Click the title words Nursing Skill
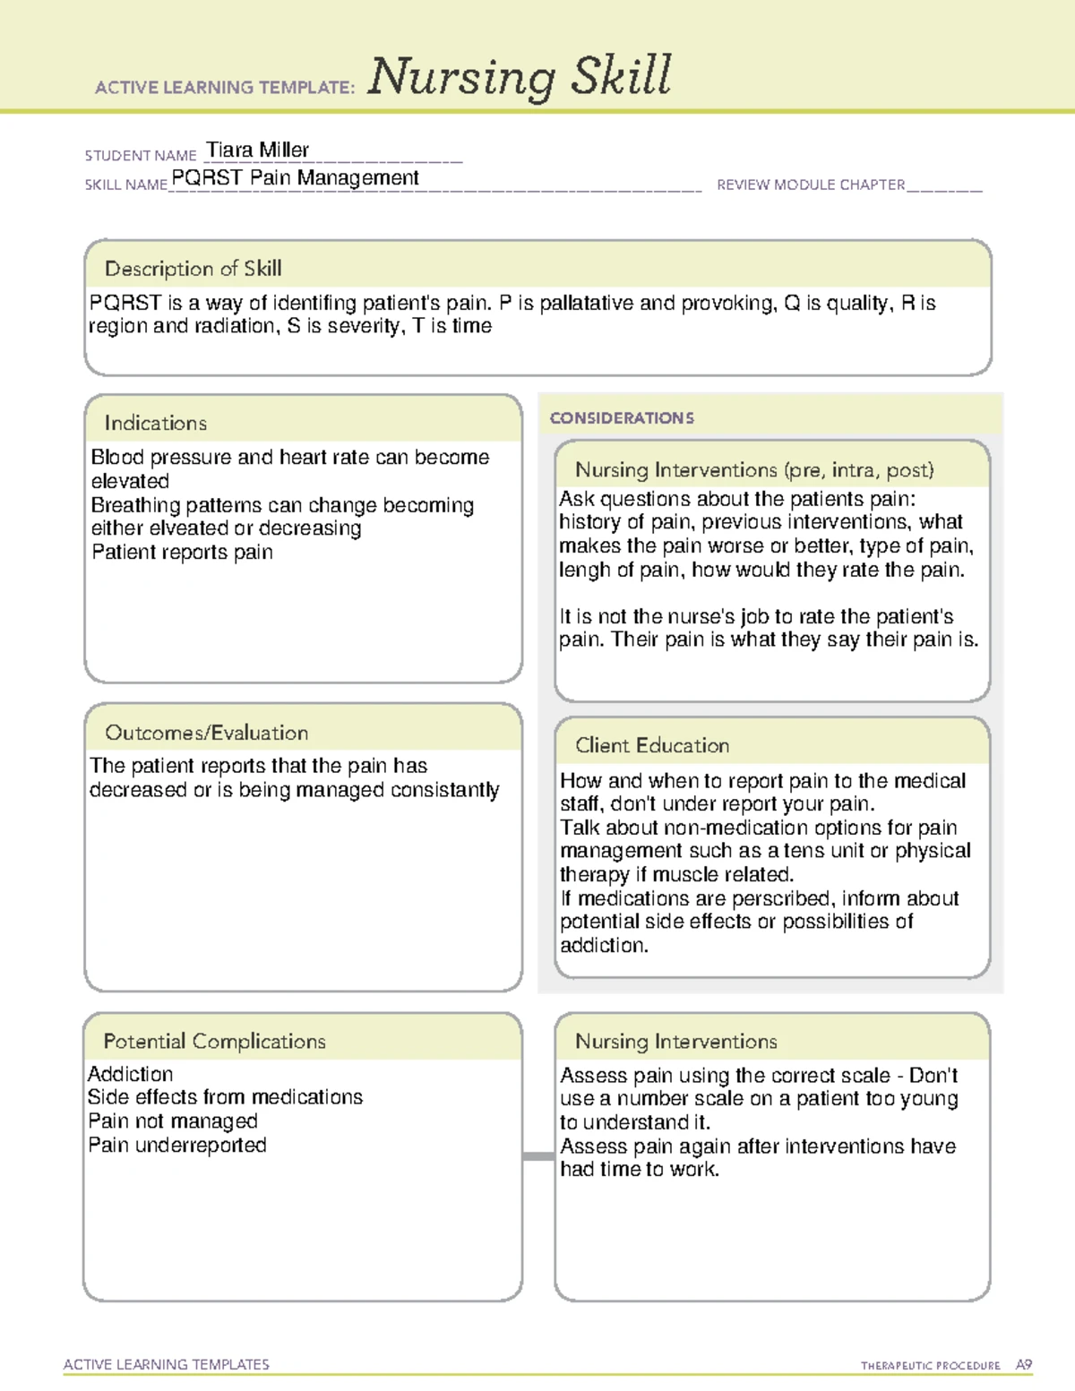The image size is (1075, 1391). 520,76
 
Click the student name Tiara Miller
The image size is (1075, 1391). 257,150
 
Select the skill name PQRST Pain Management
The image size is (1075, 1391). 295,178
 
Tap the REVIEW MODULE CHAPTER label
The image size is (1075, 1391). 811,185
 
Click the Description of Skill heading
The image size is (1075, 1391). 193,269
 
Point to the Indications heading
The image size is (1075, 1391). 155,423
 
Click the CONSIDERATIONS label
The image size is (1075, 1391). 622,418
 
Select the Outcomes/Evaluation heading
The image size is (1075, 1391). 206,733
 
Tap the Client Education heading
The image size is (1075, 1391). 651,745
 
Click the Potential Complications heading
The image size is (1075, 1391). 214,1041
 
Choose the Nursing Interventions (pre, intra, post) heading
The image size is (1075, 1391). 753,470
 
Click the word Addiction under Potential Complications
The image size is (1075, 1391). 131,1074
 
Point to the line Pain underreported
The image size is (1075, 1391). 177,1145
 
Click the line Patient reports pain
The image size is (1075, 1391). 182,553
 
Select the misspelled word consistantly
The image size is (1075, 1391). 444,790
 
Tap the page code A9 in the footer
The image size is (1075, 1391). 1023,1365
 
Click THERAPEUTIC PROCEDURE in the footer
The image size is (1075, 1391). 930,1366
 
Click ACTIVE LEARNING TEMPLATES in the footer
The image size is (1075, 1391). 167,1364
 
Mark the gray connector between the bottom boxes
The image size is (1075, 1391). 537,1156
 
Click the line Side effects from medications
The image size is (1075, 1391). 225,1097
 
